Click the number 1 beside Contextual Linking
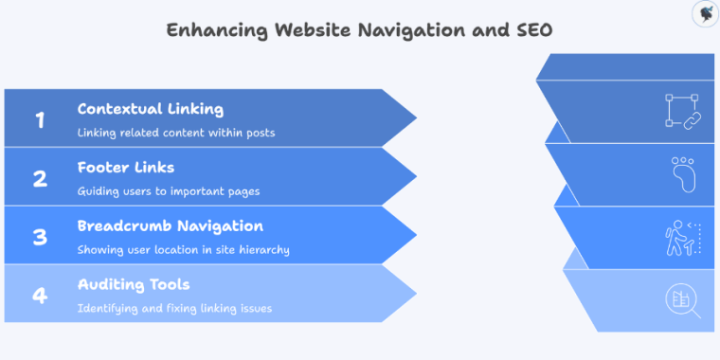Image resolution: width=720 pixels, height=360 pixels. click(x=40, y=120)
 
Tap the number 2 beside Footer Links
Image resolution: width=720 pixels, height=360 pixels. click(x=40, y=179)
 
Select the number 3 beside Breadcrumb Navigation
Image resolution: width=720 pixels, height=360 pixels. click(x=40, y=238)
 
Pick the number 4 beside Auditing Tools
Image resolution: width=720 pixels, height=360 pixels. click(x=40, y=296)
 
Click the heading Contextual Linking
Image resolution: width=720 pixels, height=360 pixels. click(x=151, y=109)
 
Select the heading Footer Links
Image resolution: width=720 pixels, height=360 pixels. click(x=126, y=168)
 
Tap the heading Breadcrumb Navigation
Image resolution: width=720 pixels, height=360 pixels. click(x=171, y=226)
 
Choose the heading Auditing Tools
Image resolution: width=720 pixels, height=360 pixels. click(x=134, y=284)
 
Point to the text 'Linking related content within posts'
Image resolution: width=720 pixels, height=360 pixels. click(x=176, y=133)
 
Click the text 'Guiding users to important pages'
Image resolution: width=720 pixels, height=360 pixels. click(x=169, y=191)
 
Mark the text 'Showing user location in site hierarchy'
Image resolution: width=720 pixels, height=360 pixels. click(x=184, y=250)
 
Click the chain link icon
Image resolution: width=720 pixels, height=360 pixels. click(x=682, y=111)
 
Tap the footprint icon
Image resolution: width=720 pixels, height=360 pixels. click(x=682, y=173)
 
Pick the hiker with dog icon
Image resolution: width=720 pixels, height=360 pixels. click(x=682, y=237)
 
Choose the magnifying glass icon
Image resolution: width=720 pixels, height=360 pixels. click(x=682, y=299)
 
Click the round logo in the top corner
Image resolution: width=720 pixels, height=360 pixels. click(x=704, y=14)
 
